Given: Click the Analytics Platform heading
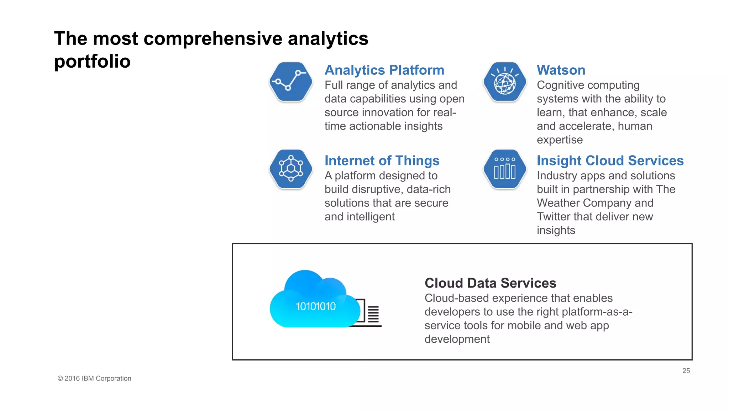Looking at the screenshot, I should click(x=384, y=70).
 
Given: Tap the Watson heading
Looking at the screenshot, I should click(x=561, y=70).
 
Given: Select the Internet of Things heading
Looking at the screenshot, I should click(x=382, y=161).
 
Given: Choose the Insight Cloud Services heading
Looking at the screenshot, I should click(x=610, y=161).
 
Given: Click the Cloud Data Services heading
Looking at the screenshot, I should click(x=490, y=283).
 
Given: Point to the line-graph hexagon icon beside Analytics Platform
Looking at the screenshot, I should click(x=291, y=82).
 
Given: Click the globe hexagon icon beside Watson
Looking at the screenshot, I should click(x=504, y=82).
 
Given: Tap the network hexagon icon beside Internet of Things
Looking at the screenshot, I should click(x=291, y=169).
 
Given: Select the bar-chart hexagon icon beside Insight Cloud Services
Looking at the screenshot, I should click(x=504, y=169).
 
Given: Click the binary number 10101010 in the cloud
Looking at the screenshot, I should click(x=316, y=306).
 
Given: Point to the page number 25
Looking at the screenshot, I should click(x=686, y=371).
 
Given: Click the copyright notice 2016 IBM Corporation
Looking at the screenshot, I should click(x=94, y=378).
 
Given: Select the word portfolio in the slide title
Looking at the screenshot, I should click(x=92, y=61).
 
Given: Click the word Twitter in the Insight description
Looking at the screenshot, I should click(x=554, y=216).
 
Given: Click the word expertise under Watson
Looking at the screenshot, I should click(x=560, y=140).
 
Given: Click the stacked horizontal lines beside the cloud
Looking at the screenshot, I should click(x=373, y=314).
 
